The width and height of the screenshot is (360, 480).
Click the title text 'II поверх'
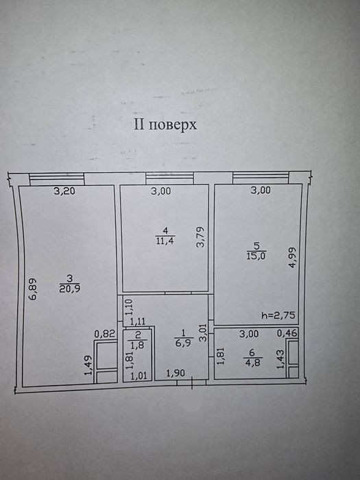point(165,125)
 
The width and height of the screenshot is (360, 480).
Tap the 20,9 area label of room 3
point(70,289)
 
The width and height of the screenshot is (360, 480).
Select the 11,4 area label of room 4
point(165,241)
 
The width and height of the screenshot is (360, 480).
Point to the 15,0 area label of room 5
point(256,255)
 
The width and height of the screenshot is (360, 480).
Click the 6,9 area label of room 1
point(183,343)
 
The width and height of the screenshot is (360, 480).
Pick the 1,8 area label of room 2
point(137,345)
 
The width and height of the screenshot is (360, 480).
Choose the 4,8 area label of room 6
point(252,362)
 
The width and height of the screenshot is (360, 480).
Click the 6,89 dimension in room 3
point(33,289)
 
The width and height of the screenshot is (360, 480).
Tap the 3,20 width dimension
point(64,191)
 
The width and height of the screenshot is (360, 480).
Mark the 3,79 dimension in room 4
point(200,237)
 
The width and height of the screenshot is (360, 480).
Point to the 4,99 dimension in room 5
point(293,257)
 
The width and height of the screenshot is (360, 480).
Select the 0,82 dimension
point(104,334)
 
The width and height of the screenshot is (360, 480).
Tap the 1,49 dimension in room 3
point(88,365)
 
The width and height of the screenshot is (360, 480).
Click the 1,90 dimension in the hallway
point(176,373)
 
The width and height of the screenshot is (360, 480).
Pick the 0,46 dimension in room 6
point(287,333)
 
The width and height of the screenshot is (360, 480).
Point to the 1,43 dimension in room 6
point(280,359)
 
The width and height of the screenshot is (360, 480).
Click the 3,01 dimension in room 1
point(204,333)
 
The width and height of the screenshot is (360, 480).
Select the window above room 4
point(169,178)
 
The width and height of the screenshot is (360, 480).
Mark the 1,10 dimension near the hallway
point(129,307)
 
